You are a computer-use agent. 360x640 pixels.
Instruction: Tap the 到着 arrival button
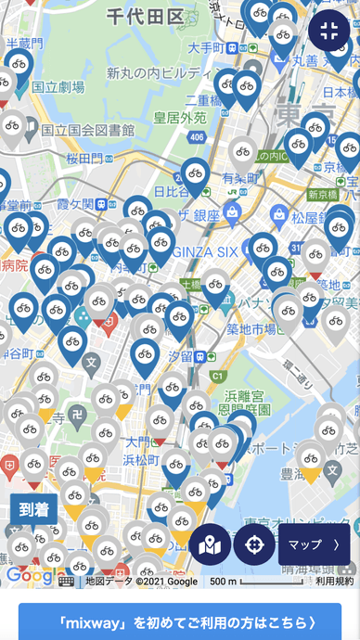[33, 509]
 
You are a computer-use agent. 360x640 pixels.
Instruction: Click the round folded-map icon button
[211, 544]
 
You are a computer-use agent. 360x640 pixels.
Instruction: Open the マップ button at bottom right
[314, 544]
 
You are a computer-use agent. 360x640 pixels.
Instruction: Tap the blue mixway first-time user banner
[180, 621]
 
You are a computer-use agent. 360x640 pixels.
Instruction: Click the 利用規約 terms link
[334, 582]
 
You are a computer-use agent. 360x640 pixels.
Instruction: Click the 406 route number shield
[195, 136]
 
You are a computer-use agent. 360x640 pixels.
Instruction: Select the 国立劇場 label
[58, 86]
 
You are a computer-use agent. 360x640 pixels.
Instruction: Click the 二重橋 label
[203, 99]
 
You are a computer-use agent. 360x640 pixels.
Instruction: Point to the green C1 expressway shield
[217, 376]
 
